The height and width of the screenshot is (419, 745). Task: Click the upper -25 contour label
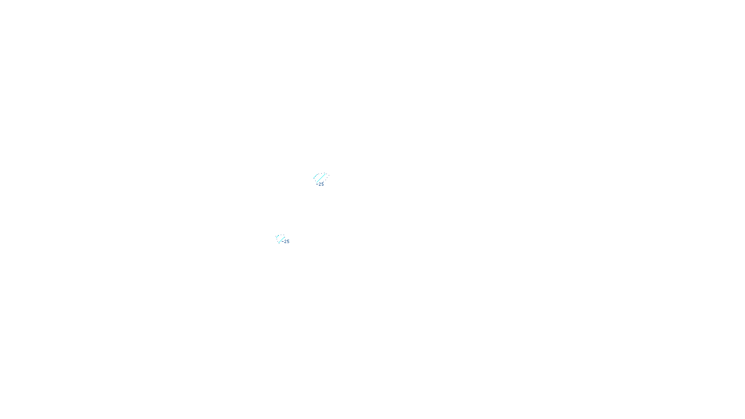(x=321, y=184)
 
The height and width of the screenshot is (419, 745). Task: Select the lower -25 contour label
(x=286, y=242)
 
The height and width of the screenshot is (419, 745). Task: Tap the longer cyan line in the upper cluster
(x=321, y=178)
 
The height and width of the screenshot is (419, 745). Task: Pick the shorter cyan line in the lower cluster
(x=278, y=237)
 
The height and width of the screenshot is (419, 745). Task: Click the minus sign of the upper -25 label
(x=317, y=184)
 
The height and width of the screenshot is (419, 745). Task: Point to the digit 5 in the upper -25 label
(x=322, y=184)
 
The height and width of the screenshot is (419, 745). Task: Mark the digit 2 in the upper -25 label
(x=320, y=184)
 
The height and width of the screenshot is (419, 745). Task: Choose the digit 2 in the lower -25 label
(x=285, y=242)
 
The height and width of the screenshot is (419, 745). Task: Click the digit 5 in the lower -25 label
(x=288, y=242)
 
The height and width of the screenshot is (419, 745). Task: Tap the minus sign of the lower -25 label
(x=283, y=242)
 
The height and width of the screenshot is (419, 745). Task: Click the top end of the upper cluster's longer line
(x=325, y=174)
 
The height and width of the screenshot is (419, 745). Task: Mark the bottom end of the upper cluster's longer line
(x=317, y=182)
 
